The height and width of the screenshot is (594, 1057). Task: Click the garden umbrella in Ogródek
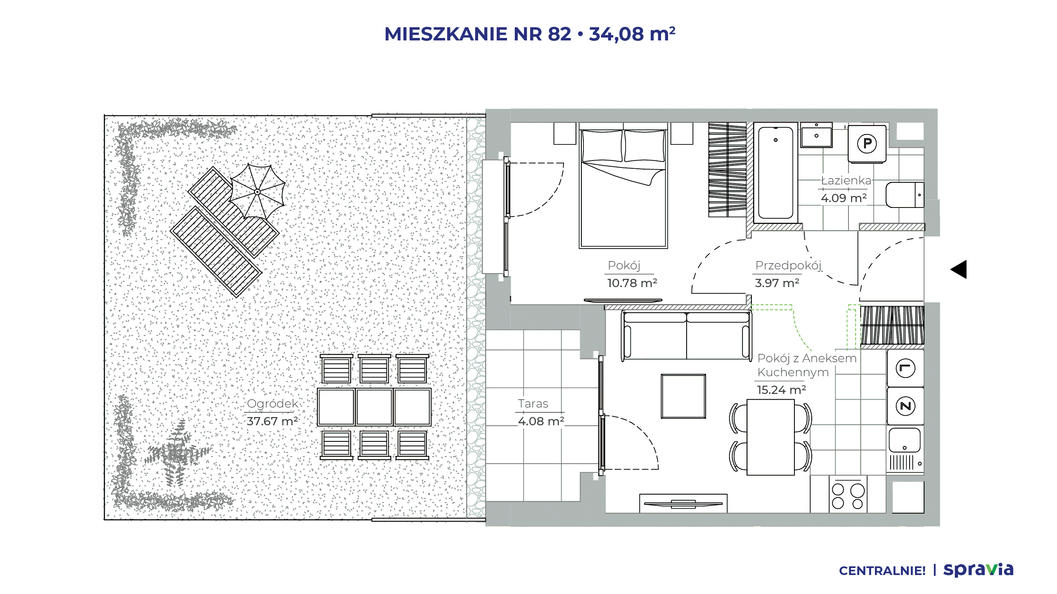tap(258, 192)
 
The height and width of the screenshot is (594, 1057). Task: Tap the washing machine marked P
tap(867, 144)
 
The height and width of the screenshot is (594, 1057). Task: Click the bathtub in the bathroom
tap(776, 173)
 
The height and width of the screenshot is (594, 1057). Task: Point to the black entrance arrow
tap(959, 269)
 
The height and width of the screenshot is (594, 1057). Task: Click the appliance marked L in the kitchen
tap(905, 368)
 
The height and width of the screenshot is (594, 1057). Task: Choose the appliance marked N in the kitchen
tap(905, 406)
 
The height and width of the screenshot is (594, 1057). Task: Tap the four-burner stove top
tap(848, 495)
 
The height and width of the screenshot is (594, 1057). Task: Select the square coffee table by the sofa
tap(683, 396)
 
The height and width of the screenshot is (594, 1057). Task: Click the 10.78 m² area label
tap(632, 283)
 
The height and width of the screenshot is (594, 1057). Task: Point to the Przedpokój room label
tap(788, 265)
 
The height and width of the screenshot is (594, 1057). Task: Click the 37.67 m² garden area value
tap(272, 421)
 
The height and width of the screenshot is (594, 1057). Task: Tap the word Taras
tap(533, 403)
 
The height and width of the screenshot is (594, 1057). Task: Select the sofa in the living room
tap(687, 336)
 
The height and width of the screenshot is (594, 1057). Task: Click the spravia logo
tap(979, 570)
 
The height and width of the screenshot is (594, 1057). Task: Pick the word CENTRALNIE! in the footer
tap(882, 571)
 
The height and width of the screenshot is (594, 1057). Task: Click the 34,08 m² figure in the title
tap(632, 34)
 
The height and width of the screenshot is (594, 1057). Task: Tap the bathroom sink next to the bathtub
tap(816, 134)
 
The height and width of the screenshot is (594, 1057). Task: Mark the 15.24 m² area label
tap(781, 390)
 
